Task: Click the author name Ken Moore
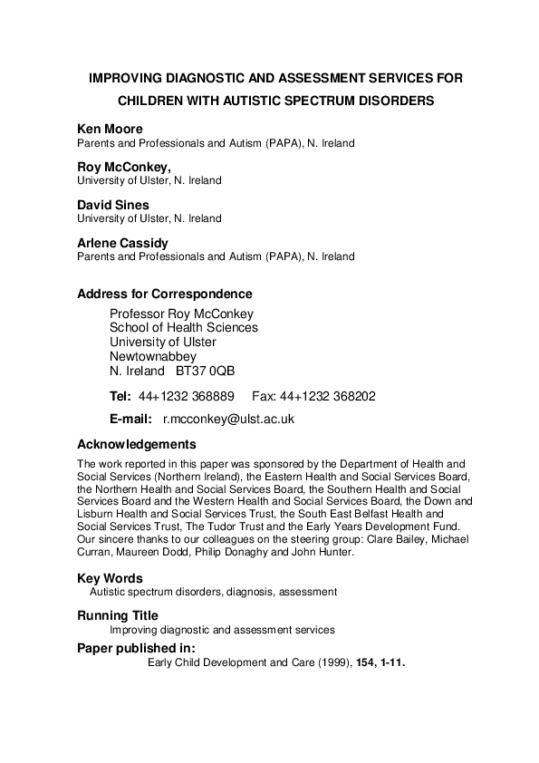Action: point(110,129)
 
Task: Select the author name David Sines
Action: point(114,204)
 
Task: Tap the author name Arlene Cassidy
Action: point(121,242)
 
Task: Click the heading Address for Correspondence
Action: point(165,294)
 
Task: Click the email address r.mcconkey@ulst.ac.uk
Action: point(228,420)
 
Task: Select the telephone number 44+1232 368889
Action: point(187,396)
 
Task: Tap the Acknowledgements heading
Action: point(137,444)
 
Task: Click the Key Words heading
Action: point(110,577)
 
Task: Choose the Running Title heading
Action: point(119,615)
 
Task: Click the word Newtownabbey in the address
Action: point(153,357)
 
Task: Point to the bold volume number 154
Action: point(369,662)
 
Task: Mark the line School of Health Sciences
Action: point(183,328)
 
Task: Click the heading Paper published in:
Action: point(136,647)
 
